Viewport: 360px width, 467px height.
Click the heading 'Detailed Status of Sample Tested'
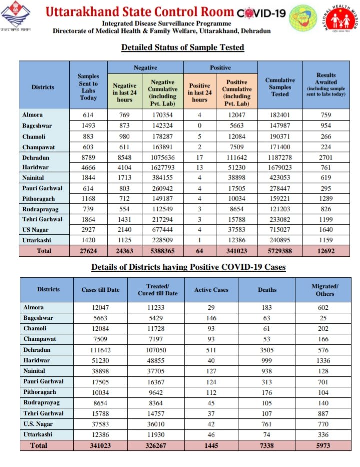pyautogui.click(x=183, y=48)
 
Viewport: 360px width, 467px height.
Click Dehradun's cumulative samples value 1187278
pyautogui.click(x=280, y=157)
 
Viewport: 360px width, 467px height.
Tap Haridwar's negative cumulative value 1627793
pyautogui.click(x=162, y=167)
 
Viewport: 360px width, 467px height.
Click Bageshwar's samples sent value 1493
pyautogui.click(x=88, y=125)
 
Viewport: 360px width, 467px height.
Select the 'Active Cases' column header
pyautogui.click(x=211, y=290)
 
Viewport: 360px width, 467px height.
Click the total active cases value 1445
pyautogui.click(x=211, y=445)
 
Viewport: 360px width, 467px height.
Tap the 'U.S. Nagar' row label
pyautogui.click(x=39, y=424)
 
